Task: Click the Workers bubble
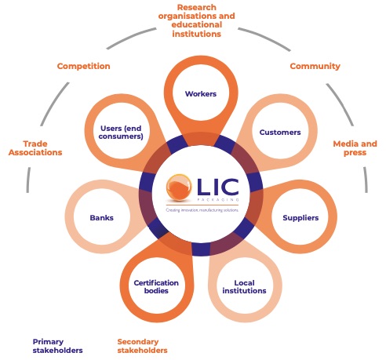coord(200,94)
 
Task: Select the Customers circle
coord(279,133)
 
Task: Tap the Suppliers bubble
coord(300,217)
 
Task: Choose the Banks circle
coord(101,217)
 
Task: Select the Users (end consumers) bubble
coord(122,133)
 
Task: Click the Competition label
coord(83,67)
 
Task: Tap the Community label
coord(315,67)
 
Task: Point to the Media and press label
coord(355,148)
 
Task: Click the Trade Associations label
coord(35,148)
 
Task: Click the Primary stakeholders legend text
coord(57,346)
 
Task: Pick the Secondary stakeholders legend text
coord(142,346)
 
